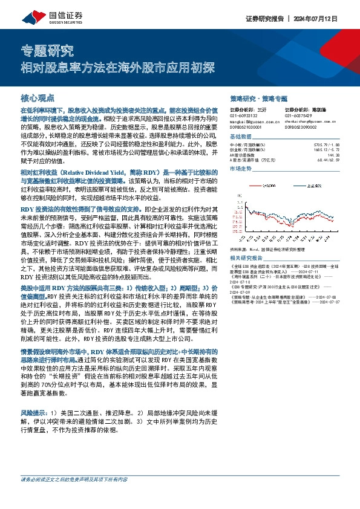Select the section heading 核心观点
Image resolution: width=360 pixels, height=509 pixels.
[38, 97]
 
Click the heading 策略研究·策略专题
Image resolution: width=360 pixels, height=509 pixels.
[259, 98]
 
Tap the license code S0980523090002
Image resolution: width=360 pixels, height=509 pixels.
[301, 126]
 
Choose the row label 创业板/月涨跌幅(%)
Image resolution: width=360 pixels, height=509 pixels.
[248, 150]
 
